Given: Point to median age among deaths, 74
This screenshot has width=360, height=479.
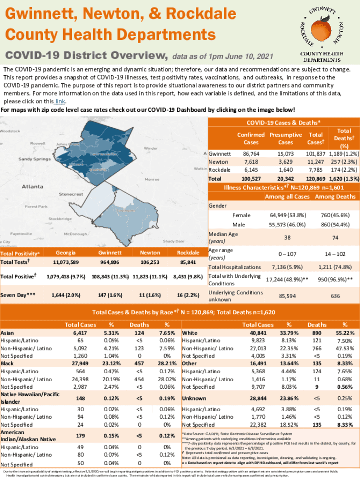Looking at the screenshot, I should [x=335, y=238].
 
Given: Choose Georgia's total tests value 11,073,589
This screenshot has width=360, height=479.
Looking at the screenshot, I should [x=65, y=262].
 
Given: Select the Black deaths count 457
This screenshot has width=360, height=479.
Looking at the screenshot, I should [x=139, y=363].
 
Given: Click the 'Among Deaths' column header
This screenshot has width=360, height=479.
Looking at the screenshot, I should [x=335, y=197].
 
